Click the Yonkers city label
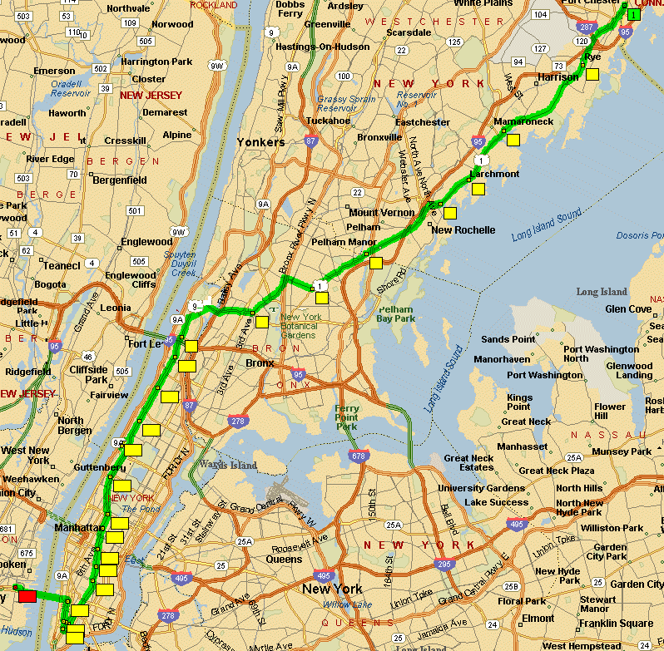pyautogui.click(x=260, y=142)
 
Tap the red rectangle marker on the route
pyautogui.click(x=27, y=595)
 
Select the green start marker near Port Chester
pyautogui.click(x=634, y=14)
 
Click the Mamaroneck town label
pyautogui.click(x=523, y=121)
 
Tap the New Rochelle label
pyautogui.click(x=463, y=230)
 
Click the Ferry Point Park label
pyautogui.click(x=346, y=417)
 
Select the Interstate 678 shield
pyautogui.click(x=359, y=456)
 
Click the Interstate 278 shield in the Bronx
pyautogui.click(x=238, y=422)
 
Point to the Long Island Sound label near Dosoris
pyautogui.click(x=546, y=226)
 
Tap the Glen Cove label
pyautogui.click(x=628, y=308)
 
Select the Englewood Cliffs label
pyautogui.click(x=131, y=280)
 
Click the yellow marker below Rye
pyautogui.click(x=592, y=75)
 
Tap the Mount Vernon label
pyautogui.click(x=381, y=213)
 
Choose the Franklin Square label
pyautogui.click(x=617, y=623)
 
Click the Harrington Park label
pyautogui.click(x=156, y=62)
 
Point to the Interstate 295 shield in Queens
pyautogui.click(x=444, y=564)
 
